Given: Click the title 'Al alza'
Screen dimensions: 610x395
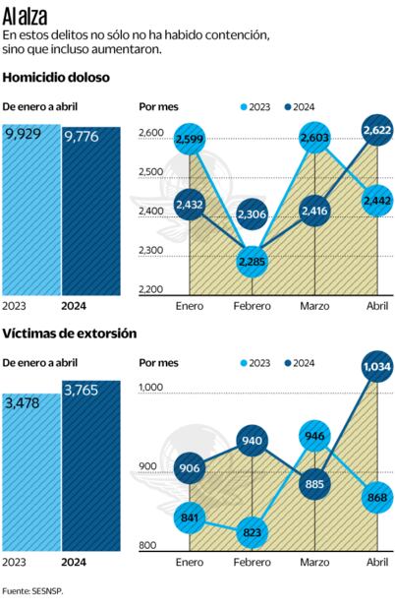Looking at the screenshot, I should [28, 15].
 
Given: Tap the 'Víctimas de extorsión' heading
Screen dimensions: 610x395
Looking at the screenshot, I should [69, 335].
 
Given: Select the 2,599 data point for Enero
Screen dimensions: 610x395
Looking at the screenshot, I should [191, 142].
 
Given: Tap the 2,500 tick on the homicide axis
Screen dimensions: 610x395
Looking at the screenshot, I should [152, 172].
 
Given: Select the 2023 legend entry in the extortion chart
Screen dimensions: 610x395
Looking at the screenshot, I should [252, 363].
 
